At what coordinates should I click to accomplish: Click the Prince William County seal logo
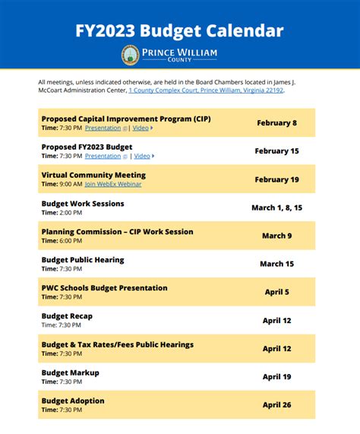130,55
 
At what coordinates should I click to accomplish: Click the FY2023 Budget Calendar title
179,31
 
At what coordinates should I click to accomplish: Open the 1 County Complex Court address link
207,90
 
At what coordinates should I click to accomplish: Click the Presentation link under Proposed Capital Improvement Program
103,128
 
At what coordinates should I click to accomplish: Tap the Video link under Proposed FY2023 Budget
142,156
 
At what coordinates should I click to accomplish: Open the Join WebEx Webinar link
113,184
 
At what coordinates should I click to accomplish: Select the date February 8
276,123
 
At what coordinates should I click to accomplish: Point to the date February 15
276,151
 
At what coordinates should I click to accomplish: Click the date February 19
276,179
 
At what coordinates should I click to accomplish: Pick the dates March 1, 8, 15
276,207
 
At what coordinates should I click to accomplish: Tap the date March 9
276,236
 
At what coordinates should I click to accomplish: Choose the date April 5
276,292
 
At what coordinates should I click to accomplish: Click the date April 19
276,376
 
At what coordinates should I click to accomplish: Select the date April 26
276,404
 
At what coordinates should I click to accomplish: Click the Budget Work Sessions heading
83,204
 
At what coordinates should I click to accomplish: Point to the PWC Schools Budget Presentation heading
104,288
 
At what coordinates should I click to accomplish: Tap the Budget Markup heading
70,372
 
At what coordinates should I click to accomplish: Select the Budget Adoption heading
73,401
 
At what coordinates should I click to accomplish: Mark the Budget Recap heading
67,316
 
